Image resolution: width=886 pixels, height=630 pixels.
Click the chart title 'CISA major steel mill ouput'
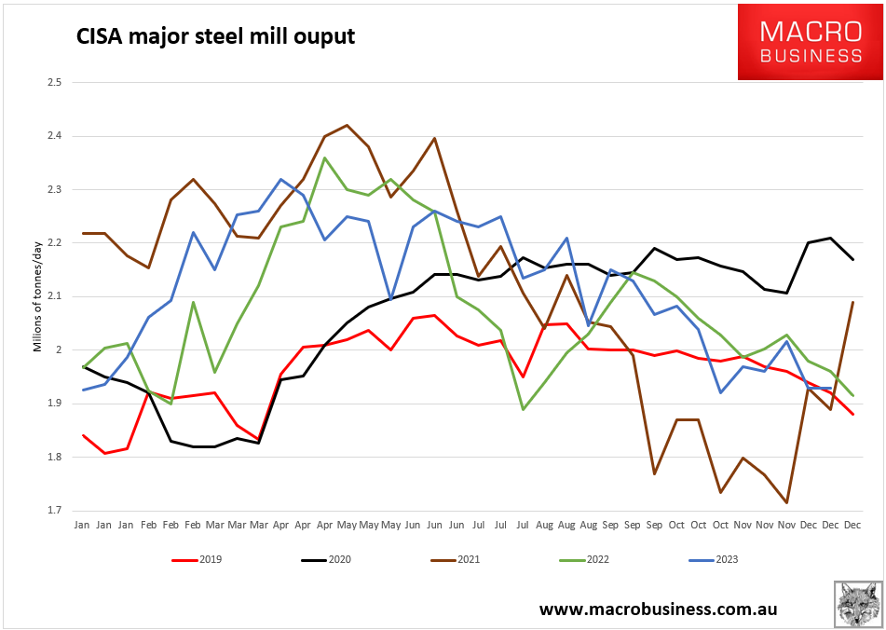[x=214, y=38]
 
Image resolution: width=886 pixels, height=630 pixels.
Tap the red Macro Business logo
[x=811, y=41]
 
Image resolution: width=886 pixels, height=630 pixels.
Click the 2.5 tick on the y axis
[x=53, y=82]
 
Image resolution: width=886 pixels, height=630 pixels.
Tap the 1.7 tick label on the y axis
[x=53, y=511]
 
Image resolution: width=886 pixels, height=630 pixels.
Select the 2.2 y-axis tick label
[x=53, y=243]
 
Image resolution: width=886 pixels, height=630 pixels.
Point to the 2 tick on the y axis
[x=57, y=350]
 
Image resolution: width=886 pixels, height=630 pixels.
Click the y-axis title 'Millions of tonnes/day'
[x=38, y=296]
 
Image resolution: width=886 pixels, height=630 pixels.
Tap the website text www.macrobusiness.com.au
[x=658, y=609]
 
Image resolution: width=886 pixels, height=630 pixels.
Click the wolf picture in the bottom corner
[x=857, y=604]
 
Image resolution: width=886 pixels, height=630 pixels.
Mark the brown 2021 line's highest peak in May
[x=347, y=125]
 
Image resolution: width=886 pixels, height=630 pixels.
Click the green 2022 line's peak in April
[x=324, y=157]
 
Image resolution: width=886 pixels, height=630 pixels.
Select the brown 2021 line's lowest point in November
[x=787, y=503]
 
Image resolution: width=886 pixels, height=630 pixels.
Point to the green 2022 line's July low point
[x=523, y=409]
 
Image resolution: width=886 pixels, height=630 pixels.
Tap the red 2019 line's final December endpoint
[x=852, y=415]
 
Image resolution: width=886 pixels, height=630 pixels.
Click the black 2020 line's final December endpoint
[x=852, y=259]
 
